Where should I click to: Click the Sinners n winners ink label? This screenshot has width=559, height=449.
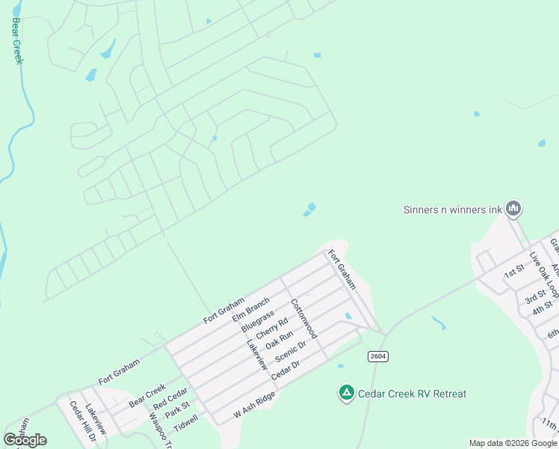pyautogui.click(x=452, y=210)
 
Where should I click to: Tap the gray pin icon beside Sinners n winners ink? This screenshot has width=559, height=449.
pyautogui.click(x=513, y=209)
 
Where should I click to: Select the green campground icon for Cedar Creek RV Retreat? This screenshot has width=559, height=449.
pyautogui.click(x=346, y=392)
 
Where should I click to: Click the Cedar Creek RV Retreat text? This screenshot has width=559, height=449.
pyautogui.click(x=413, y=394)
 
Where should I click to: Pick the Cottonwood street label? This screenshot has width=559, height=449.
pyautogui.click(x=305, y=318)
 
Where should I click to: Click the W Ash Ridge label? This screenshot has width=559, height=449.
pyautogui.click(x=255, y=404)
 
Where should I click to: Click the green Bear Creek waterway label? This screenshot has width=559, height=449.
pyautogui.click(x=17, y=42)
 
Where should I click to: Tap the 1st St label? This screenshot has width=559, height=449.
pyautogui.click(x=515, y=270)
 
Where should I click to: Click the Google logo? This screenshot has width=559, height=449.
pyautogui.click(x=25, y=440)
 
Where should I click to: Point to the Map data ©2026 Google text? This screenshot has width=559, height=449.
pyautogui.click(x=513, y=443)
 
